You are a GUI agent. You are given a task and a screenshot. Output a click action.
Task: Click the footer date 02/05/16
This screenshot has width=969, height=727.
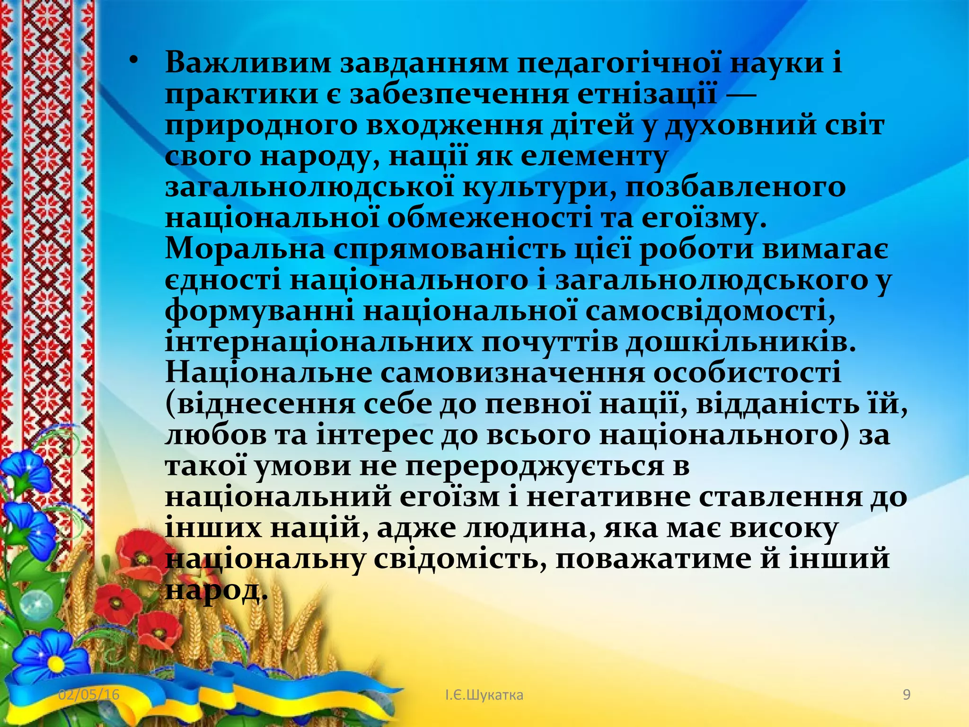(x=89, y=694)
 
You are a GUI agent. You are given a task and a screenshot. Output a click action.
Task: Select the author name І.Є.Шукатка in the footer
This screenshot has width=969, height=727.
(x=484, y=695)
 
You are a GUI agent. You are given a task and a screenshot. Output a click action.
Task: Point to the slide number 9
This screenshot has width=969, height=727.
(x=907, y=694)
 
